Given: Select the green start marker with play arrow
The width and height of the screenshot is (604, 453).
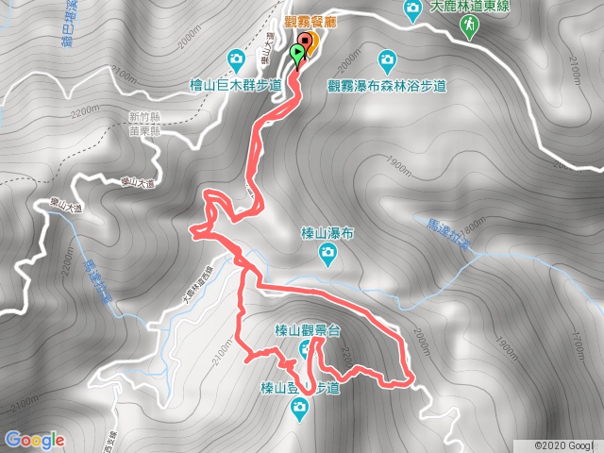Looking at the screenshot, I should pyautogui.click(x=298, y=53).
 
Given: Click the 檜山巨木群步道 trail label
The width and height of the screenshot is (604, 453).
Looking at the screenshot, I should pyautogui.click(x=236, y=84).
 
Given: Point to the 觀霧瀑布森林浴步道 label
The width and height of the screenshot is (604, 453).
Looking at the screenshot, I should pyautogui.click(x=386, y=86).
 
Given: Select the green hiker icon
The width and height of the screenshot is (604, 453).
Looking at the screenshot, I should pyautogui.click(x=469, y=31).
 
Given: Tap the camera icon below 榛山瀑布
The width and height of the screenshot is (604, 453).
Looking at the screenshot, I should pyautogui.click(x=327, y=253).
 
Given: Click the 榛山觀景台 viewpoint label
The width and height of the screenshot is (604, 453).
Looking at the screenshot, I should pyautogui.click(x=306, y=329).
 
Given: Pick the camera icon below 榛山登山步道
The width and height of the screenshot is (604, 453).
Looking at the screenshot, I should pyautogui.click(x=299, y=408).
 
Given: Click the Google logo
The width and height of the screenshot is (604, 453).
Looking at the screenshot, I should pyautogui.click(x=34, y=439).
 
